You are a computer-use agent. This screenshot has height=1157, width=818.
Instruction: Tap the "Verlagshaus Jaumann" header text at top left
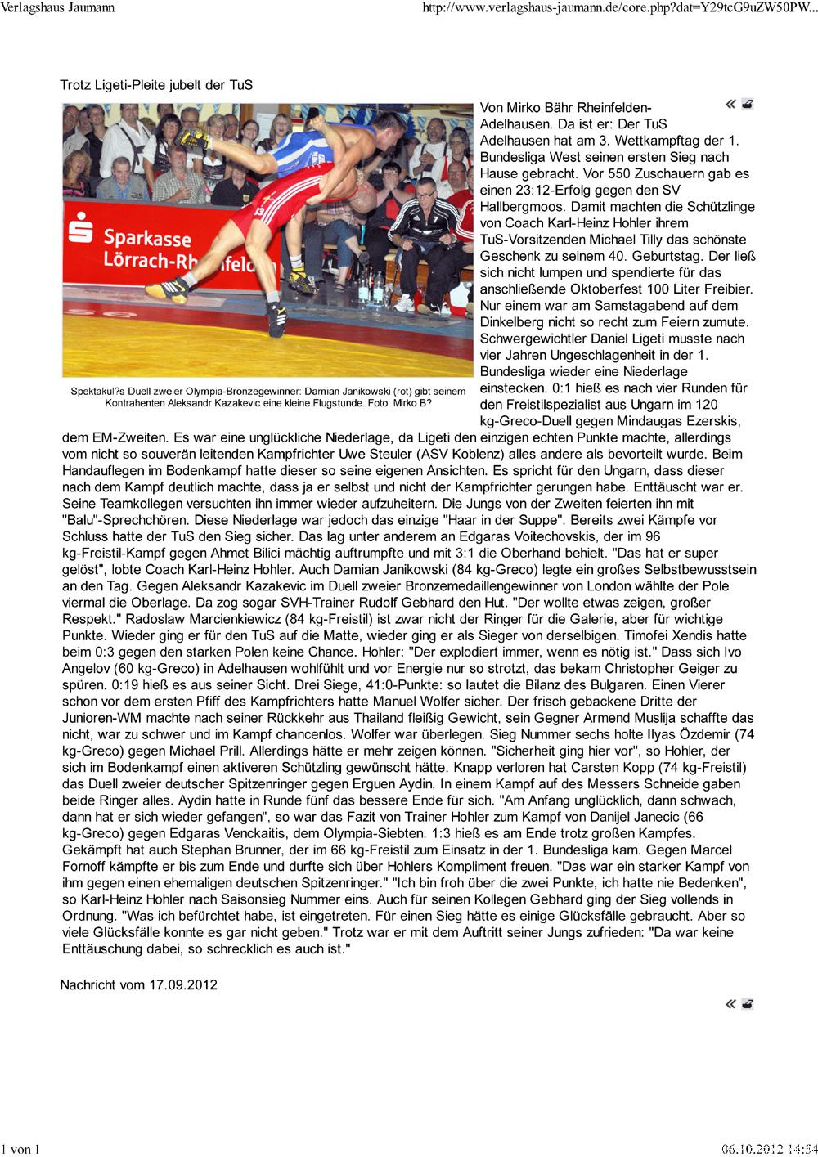pyautogui.click(x=57, y=8)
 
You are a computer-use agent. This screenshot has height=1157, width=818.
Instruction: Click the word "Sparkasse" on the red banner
pyautogui.click(x=147, y=239)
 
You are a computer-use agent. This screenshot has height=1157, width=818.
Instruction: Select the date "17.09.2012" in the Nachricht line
pyautogui.click(x=182, y=984)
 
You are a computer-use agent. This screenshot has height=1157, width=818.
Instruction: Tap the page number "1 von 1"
pyautogui.click(x=21, y=1149)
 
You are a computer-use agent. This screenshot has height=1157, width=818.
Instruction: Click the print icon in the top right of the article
pyautogui.click(x=748, y=104)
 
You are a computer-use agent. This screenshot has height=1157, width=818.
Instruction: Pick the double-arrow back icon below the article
pyautogui.click(x=730, y=1004)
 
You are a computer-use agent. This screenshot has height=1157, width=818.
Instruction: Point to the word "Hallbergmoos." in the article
pyautogui.click(x=519, y=206)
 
